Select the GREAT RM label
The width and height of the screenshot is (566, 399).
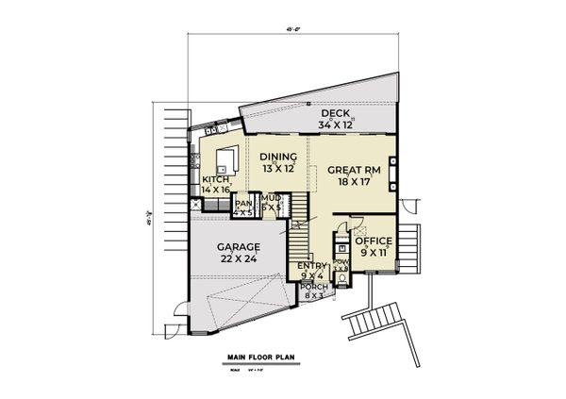click(353, 171)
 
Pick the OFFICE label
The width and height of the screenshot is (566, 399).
click(374, 241)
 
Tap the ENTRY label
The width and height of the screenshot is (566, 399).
click(312, 267)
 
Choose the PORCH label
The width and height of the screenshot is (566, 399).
click(313, 286)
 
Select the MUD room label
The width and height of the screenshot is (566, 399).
click(271, 199)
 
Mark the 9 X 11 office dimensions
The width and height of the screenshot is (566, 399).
click(374, 253)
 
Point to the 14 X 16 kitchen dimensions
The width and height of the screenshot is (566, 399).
click(215, 190)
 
